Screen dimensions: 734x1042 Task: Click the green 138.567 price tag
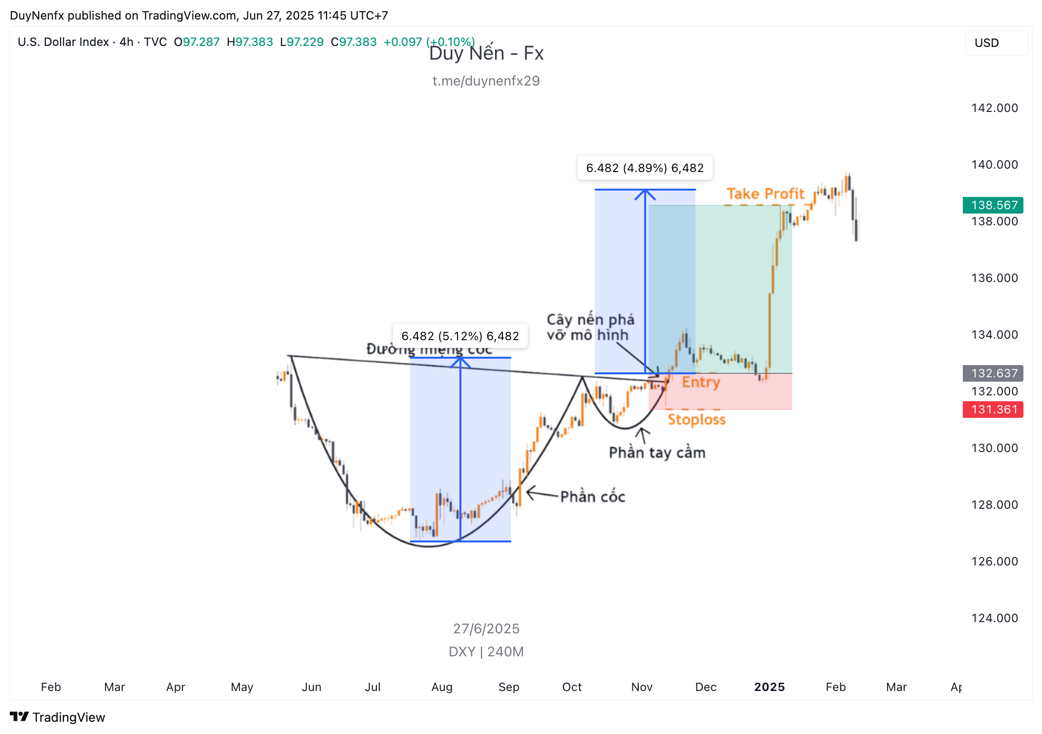(x=993, y=205)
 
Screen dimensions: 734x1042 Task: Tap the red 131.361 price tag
(x=993, y=410)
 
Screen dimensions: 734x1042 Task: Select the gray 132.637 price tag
(x=993, y=373)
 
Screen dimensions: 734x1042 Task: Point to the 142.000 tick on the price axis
(x=994, y=108)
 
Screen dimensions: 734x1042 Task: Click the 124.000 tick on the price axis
(x=994, y=618)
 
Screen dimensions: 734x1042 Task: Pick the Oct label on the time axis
(x=572, y=687)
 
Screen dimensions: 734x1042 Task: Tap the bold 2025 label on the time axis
(x=769, y=687)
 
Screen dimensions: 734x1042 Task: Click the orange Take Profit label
(x=765, y=194)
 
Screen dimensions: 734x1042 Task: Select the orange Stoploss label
(x=696, y=420)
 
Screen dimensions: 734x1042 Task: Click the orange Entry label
(x=701, y=382)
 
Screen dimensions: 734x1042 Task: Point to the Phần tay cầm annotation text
(x=657, y=453)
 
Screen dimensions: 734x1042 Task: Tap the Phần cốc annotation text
(x=592, y=497)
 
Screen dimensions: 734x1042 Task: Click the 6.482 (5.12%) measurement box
(x=460, y=336)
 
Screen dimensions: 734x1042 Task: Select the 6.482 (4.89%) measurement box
(x=645, y=168)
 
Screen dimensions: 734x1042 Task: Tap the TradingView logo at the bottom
(x=58, y=717)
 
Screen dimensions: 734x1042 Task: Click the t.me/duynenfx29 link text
(x=486, y=81)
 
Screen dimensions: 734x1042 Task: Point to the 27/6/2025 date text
(x=486, y=629)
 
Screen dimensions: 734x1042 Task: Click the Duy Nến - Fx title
(x=486, y=53)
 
